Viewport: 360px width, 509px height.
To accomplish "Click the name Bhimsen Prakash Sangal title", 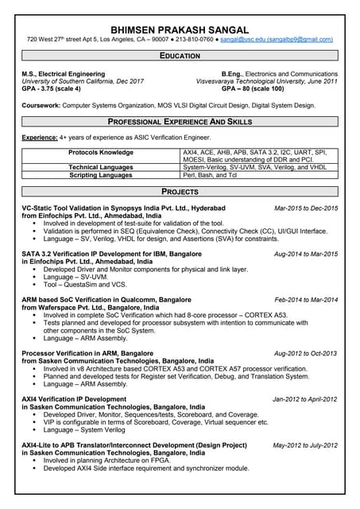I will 180,29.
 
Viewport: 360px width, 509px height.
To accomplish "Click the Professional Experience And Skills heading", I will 180,122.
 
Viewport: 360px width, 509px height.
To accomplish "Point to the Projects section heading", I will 180,192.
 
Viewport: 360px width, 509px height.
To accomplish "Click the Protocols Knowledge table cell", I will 100,152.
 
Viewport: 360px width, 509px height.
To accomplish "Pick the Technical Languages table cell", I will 100,167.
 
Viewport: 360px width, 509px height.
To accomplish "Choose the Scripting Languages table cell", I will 100,174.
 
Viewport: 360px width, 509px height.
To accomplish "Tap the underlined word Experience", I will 40,138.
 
